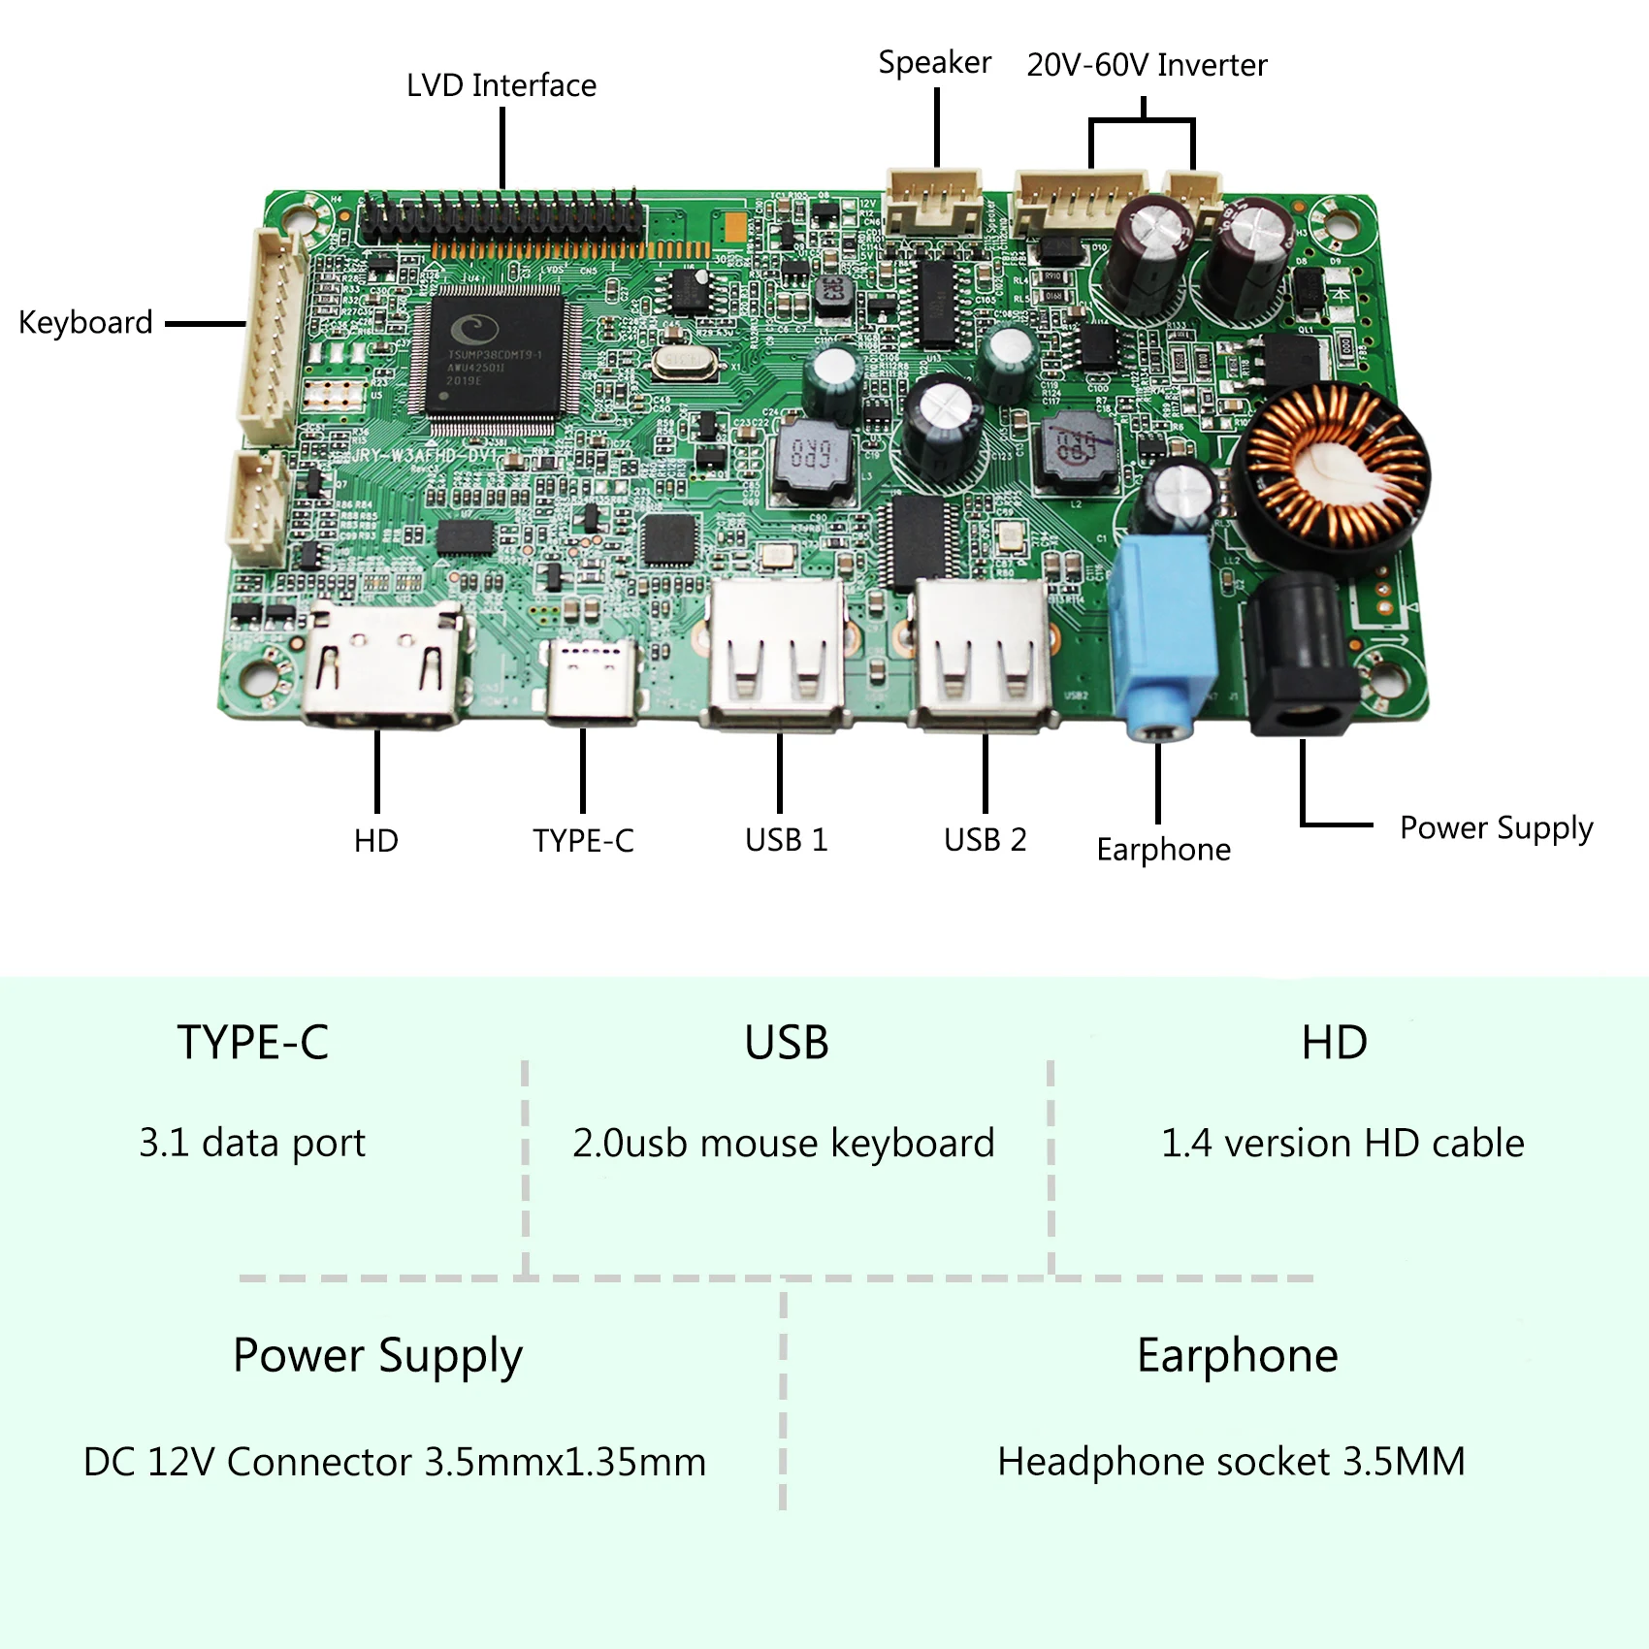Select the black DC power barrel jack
pos(1300,660)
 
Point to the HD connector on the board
pos(384,663)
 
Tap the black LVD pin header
pos(501,217)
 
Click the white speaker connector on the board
pos(934,202)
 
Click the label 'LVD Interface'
pos(501,85)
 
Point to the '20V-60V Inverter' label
pos(1147,65)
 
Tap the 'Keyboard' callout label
pos(85,322)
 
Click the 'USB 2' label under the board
pos(985,839)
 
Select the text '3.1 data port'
pos(252,1143)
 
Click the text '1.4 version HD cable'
pos(1342,1143)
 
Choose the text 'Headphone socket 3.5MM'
pos(1231,1462)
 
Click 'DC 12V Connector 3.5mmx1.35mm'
pos(395,1462)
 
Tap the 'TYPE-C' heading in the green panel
pos(252,1043)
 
